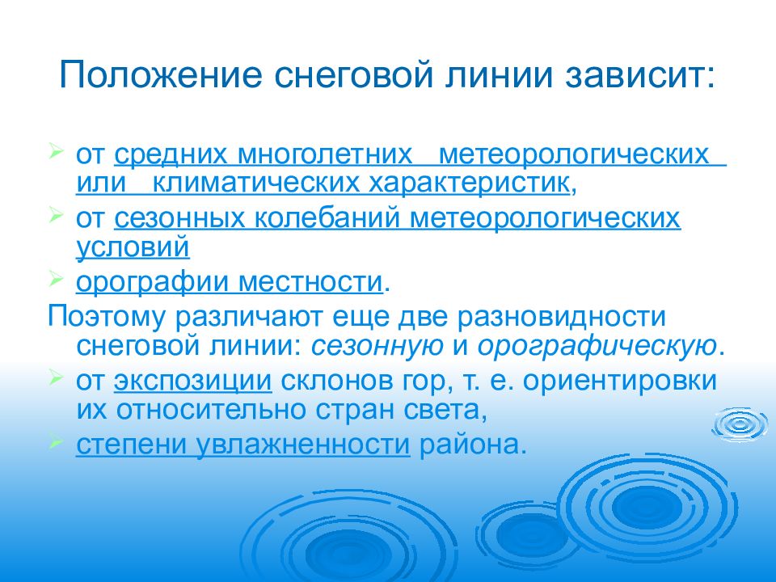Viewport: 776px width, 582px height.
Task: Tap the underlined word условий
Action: (133, 247)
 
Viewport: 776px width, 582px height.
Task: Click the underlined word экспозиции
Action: (191, 381)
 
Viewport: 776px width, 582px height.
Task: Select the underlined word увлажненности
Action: (302, 445)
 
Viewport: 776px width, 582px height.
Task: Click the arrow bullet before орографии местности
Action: (56, 279)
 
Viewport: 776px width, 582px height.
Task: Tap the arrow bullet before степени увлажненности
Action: (56, 441)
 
